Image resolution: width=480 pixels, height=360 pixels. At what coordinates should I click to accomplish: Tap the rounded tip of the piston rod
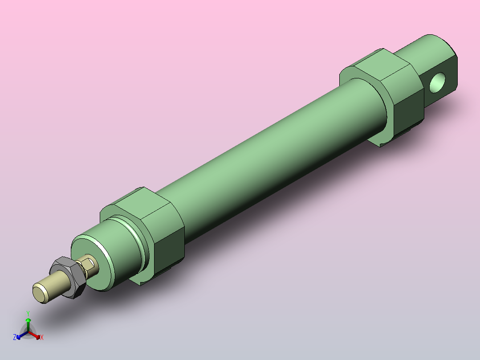[x=41, y=293]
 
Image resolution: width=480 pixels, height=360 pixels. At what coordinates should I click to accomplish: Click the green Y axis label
[x=28, y=313]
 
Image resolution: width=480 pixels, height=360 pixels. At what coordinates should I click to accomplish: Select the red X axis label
[x=42, y=338]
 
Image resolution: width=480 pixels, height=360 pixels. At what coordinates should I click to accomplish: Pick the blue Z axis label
[x=15, y=338]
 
